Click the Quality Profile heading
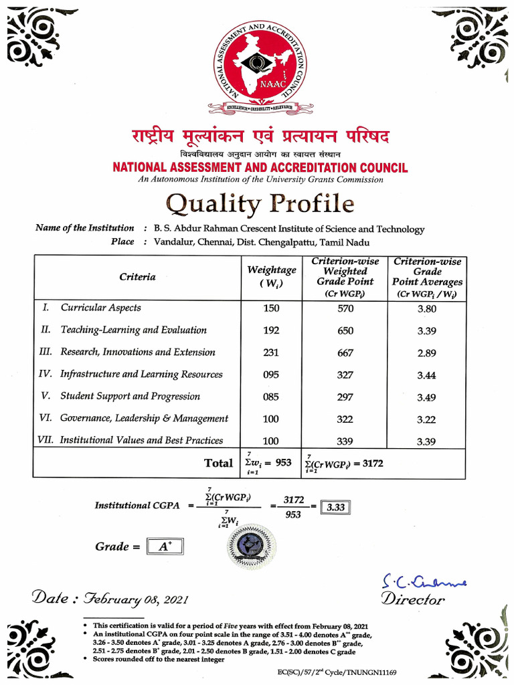[x=260, y=203]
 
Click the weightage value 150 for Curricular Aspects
[x=271, y=308]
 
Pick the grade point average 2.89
[x=426, y=353]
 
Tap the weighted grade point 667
[x=345, y=353]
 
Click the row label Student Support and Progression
[x=130, y=396]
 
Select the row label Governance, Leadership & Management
[x=144, y=418]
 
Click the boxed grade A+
[x=164, y=547]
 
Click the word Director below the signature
[x=412, y=599]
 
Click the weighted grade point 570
[x=345, y=308]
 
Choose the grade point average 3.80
[x=426, y=308]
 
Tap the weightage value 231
[x=271, y=353]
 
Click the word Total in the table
[x=218, y=463]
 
